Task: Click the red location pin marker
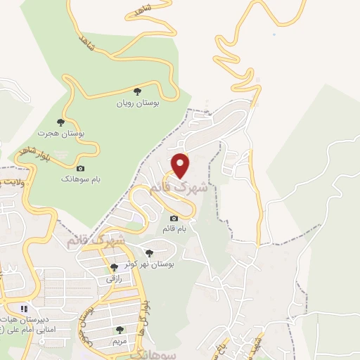pos(181,165)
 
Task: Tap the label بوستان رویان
pos(139,103)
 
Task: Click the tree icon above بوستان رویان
pos(138,91)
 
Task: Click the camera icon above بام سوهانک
pos(80,168)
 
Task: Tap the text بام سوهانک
pos(80,180)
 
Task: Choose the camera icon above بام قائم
pos(174,219)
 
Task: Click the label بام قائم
pos(174,230)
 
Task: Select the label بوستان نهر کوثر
pos(150,264)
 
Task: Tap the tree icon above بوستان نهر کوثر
pos(148,252)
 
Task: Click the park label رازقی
pos(115,279)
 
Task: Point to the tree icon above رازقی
pos(114,267)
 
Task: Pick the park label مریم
pos(120,341)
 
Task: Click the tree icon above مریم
pos(120,329)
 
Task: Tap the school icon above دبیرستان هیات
pos(24,308)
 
